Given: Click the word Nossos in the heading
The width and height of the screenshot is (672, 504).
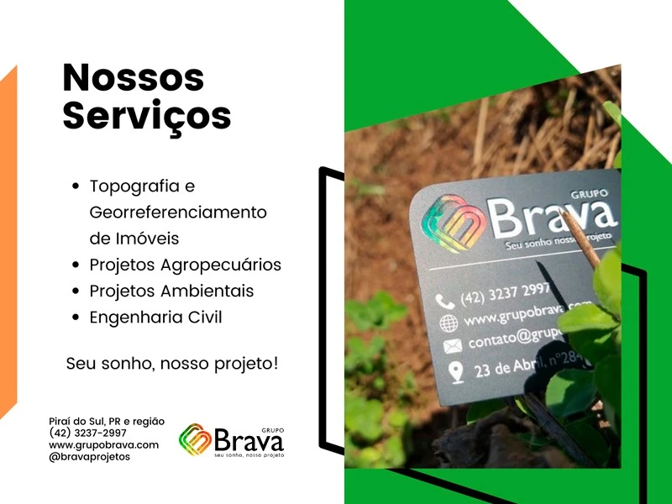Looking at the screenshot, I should click(133, 78).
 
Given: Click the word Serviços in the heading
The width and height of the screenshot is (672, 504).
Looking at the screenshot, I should click(146, 115).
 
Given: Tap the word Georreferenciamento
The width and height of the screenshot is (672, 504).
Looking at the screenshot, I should click(177, 212).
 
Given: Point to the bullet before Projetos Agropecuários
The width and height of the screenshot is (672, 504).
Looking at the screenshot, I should click(76, 265).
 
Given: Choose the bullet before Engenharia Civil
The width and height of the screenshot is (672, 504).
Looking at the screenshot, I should click(76, 318).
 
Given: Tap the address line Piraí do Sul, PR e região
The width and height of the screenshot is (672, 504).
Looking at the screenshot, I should click(107, 422).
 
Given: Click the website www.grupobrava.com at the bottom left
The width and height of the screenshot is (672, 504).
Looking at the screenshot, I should click(103, 445).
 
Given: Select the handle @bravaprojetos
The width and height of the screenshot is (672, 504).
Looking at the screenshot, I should click(89, 457).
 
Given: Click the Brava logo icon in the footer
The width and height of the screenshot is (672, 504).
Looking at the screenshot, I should click(194, 439).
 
